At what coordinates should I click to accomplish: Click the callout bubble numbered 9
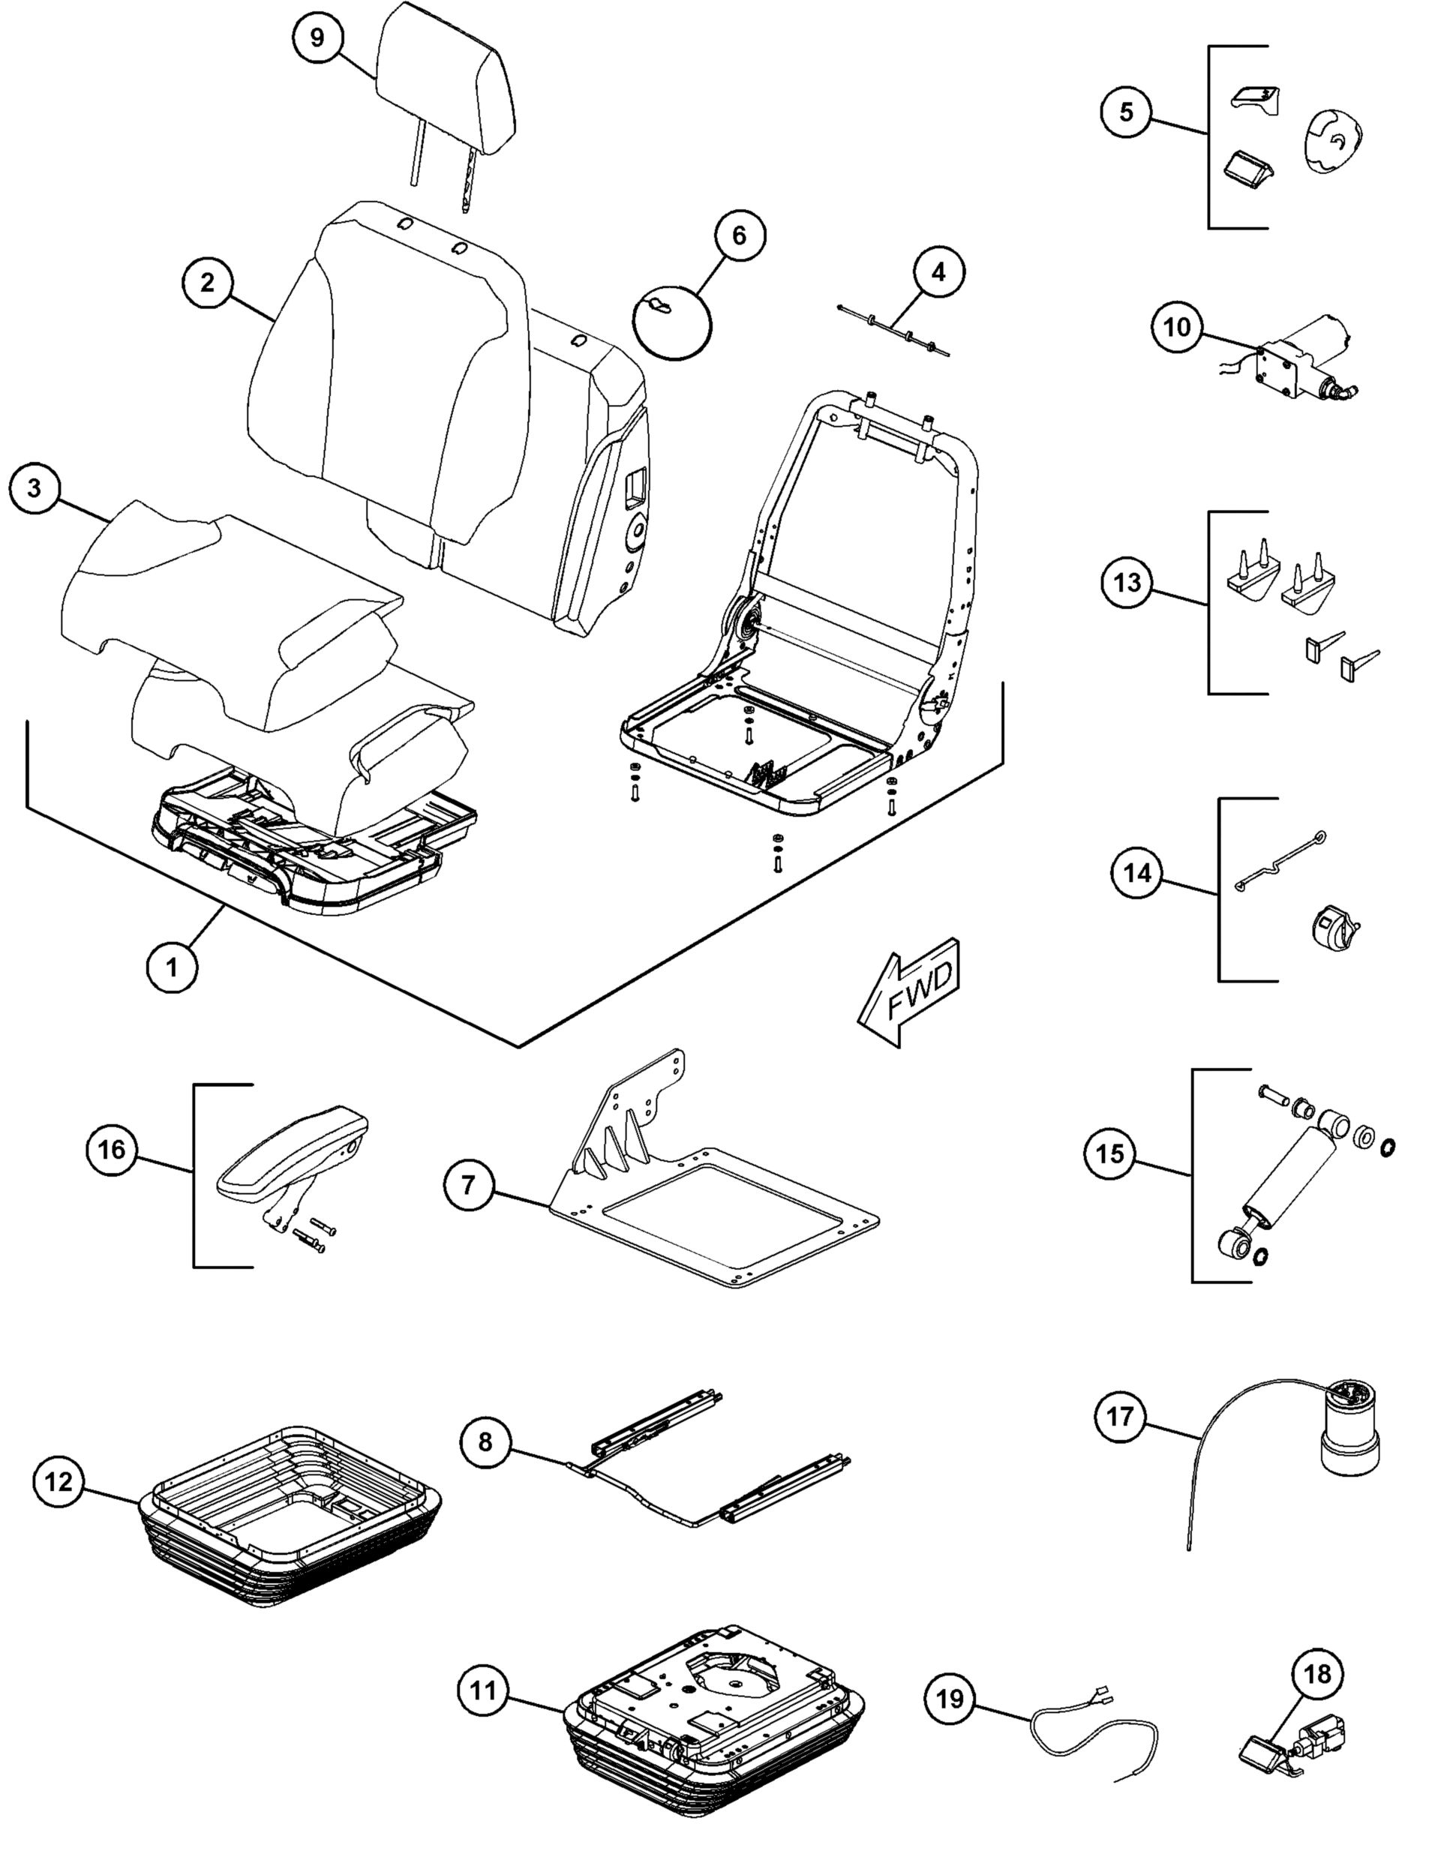pyautogui.click(x=317, y=39)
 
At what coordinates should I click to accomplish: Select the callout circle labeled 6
pyautogui.click(x=740, y=235)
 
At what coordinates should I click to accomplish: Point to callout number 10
pyautogui.click(x=1178, y=327)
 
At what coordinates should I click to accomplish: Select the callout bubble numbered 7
pyautogui.click(x=468, y=1184)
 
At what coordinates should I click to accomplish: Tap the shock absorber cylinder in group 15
pyautogui.click(x=1288, y=1177)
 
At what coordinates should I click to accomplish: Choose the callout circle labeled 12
pyautogui.click(x=59, y=1481)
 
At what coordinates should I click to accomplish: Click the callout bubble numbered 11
pyautogui.click(x=484, y=1691)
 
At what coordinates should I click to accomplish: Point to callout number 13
pyautogui.click(x=1127, y=583)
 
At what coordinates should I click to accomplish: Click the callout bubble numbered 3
pyautogui.click(x=35, y=489)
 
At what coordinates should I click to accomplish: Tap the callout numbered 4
pyautogui.click(x=939, y=272)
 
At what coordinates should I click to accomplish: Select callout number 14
pyautogui.click(x=1137, y=874)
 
